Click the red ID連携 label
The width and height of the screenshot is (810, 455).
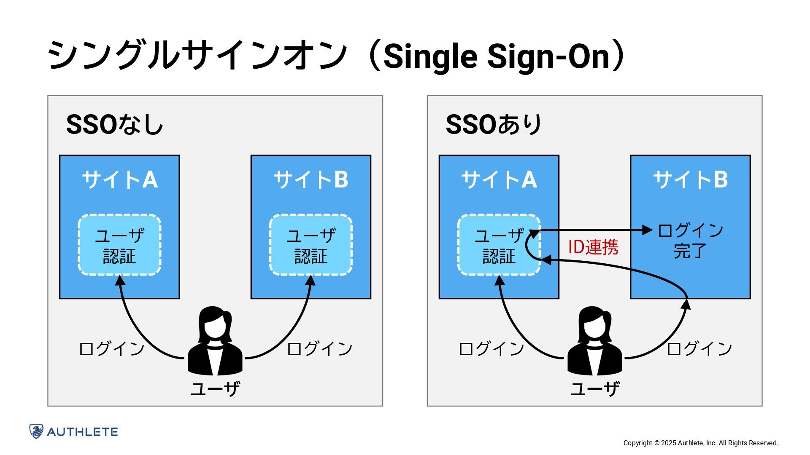[x=593, y=247]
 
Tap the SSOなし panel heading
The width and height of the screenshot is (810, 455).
[x=114, y=125]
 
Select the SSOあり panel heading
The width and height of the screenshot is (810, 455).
[x=494, y=125]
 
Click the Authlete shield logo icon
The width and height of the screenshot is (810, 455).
[x=36, y=431]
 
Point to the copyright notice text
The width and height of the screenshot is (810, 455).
[x=700, y=443]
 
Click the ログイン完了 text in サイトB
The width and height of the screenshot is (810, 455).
[x=690, y=241]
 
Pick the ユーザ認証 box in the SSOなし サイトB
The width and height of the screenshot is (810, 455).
[x=311, y=245]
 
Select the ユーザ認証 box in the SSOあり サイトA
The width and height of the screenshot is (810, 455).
[x=499, y=245]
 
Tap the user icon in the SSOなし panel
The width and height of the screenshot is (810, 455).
[x=215, y=341]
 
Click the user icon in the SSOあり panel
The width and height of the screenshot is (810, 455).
[x=595, y=341]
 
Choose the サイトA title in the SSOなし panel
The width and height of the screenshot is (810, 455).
[x=120, y=180]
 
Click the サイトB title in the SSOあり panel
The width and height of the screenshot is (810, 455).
[x=690, y=180]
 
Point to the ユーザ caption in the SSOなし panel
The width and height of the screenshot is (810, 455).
[x=215, y=388]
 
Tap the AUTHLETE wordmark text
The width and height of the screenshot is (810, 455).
[x=82, y=432]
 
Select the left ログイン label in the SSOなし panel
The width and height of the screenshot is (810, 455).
[x=112, y=349]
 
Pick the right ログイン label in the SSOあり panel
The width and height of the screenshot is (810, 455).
[x=699, y=349]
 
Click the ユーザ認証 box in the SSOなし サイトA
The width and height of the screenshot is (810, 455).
[x=119, y=245]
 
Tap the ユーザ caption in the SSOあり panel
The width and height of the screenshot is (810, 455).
[x=595, y=388]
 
